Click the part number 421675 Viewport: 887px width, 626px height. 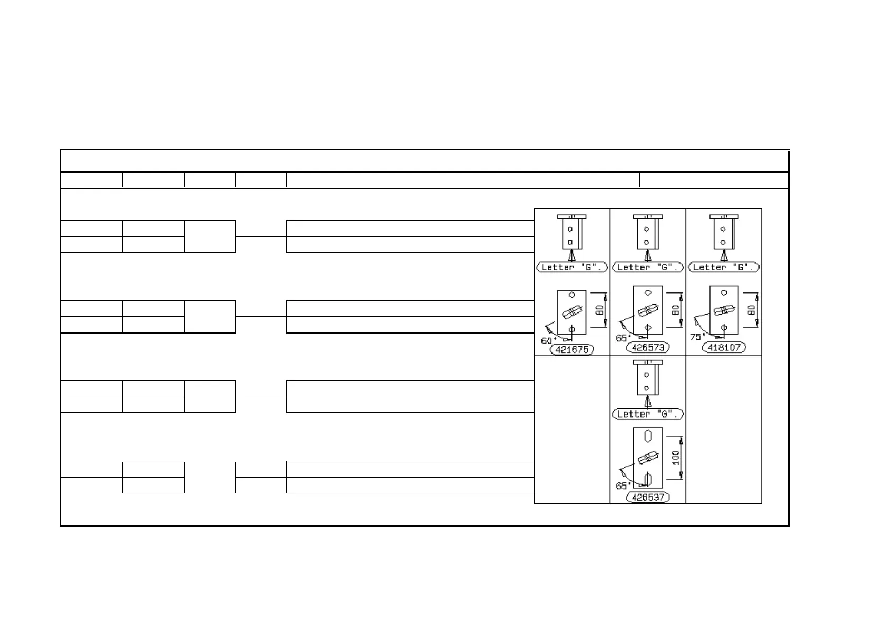pyautogui.click(x=571, y=349)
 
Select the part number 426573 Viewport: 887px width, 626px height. pyautogui.click(x=648, y=347)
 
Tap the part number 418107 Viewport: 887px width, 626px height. pyautogui.click(x=724, y=347)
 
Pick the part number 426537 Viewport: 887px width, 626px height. pyautogui.click(x=648, y=497)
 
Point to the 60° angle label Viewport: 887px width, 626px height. pyautogui.click(x=547, y=340)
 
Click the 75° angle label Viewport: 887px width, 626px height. pyautogui.click(x=696, y=337)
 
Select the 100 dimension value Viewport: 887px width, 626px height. pyautogui.click(x=676, y=458)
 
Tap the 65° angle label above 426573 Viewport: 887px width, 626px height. pyautogui.click(x=622, y=338)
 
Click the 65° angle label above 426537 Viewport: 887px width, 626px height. pyautogui.click(x=622, y=486)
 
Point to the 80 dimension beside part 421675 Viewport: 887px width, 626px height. pyautogui.click(x=599, y=311)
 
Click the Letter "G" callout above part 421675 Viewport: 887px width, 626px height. pyautogui.click(x=571, y=267)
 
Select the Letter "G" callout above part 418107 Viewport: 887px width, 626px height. pyautogui.click(x=724, y=267)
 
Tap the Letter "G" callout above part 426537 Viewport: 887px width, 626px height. pyautogui.click(x=648, y=414)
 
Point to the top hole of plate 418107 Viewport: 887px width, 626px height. pyautogui.click(x=724, y=292)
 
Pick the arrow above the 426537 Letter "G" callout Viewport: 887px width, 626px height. pyautogui.click(x=648, y=402)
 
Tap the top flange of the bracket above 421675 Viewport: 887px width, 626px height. pyautogui.click(x=571, y=216)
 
